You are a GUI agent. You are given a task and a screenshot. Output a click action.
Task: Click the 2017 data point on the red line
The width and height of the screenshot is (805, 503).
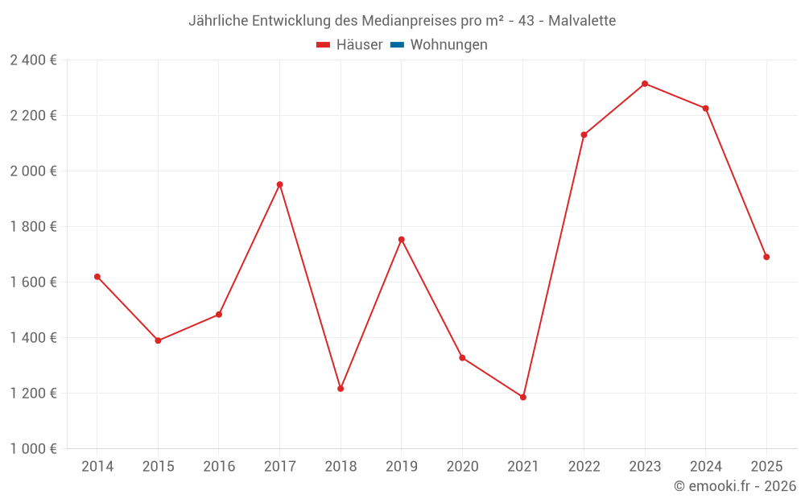point(279,184)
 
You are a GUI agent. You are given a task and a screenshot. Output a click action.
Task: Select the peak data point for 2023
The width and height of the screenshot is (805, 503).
point(645,84)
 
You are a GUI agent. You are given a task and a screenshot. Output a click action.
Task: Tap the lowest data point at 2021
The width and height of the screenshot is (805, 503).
point(523,397)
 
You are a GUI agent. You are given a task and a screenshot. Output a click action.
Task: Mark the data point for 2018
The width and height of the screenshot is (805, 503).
point(341,389)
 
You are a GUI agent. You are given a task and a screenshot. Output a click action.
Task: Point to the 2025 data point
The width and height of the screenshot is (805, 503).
point(766,257)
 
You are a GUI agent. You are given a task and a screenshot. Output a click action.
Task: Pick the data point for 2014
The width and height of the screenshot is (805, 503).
point(97,277)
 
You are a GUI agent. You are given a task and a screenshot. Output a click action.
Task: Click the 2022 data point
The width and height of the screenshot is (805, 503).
point(584,134)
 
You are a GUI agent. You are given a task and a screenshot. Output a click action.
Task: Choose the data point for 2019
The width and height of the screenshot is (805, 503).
point(401,240)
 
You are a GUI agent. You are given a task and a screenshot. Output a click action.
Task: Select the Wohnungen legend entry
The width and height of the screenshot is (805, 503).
point(448,45)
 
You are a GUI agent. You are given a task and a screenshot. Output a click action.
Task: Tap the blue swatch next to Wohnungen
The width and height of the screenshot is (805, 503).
point(397,45)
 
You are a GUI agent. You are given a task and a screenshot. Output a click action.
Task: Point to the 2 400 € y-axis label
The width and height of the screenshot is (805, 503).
point(33,60)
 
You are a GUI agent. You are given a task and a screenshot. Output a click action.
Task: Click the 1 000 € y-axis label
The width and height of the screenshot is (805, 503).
point(33,449)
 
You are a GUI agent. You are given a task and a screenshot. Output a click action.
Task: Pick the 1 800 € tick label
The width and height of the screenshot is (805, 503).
point(33,227)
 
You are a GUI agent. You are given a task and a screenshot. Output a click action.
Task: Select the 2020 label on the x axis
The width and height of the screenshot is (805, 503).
point(462,467)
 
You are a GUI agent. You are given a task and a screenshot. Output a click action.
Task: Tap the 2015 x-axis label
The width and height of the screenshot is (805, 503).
point(158,467)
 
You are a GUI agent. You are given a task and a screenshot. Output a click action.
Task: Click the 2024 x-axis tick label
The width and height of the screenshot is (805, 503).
point(706,467)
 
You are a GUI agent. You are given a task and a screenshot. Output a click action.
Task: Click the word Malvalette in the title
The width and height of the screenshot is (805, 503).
point(582,21)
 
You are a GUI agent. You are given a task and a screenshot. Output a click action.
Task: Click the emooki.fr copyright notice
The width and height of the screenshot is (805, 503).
point(735,486)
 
